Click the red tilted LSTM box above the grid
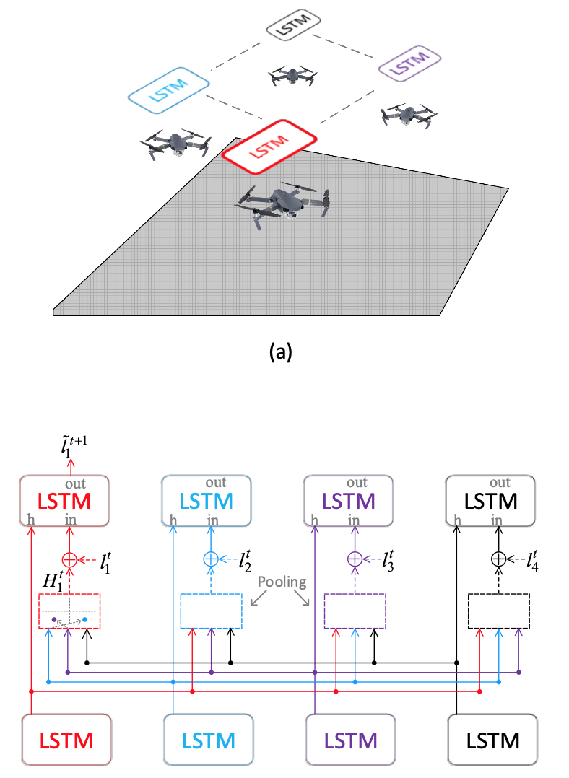269,147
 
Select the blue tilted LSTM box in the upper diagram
169,90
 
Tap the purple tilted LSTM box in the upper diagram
409,63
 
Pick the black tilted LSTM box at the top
293,25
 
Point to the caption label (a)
280,351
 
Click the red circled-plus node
69,560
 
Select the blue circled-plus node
211,559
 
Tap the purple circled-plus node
355,559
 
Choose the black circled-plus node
498,559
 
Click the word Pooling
282,582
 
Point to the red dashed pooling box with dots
69,611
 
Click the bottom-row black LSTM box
492,740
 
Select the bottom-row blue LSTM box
209,740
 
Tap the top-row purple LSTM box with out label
348,501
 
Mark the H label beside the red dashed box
53,580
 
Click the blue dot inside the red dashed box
85,619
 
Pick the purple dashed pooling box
355,611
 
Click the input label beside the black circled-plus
532,561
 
